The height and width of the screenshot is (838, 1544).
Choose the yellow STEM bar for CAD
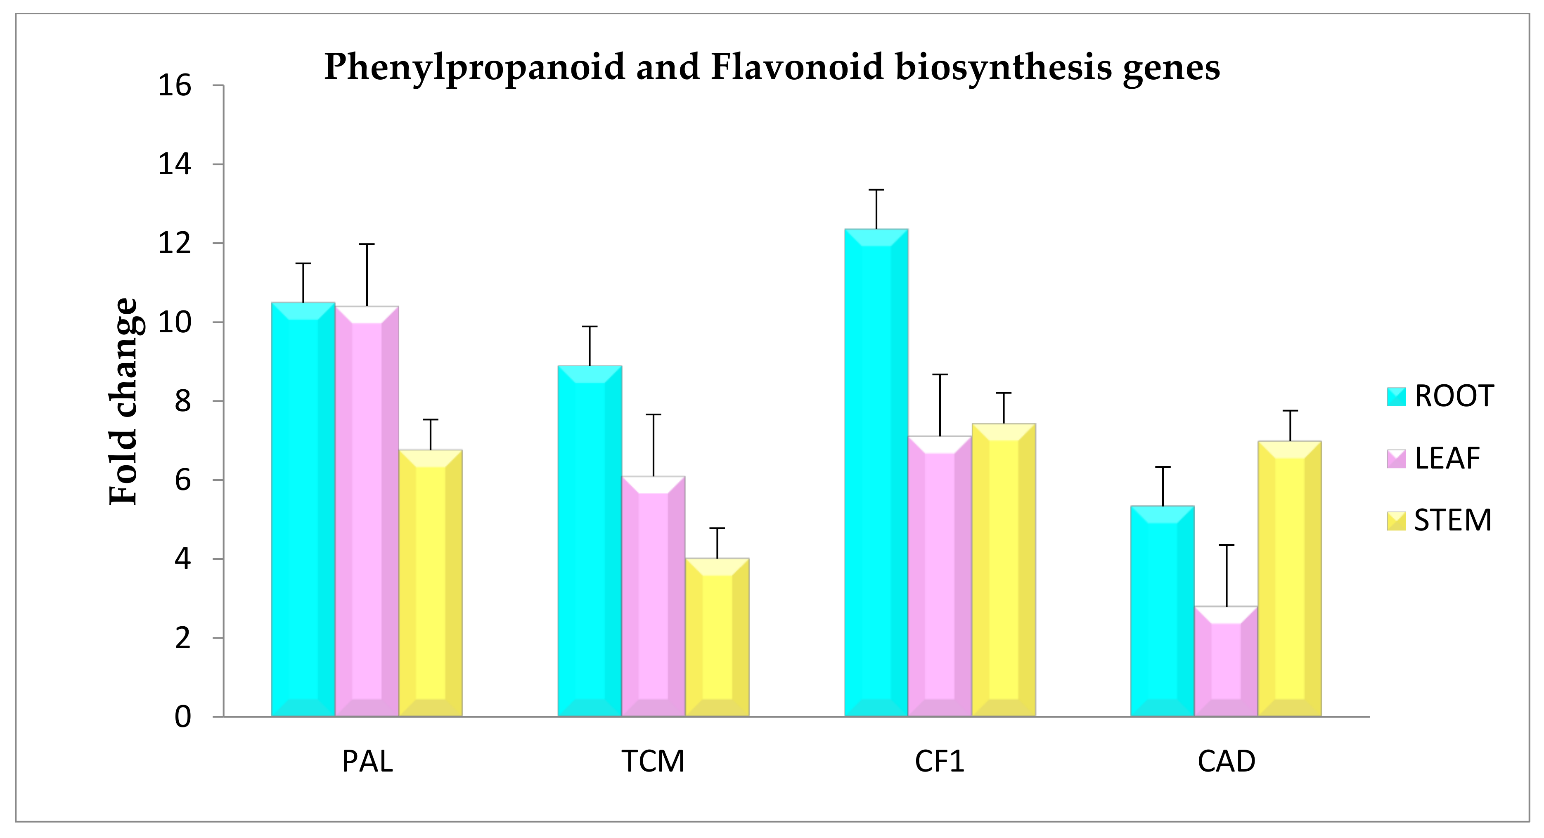tap(1289, 578)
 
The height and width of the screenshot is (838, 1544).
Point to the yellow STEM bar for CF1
tap(1003, 569)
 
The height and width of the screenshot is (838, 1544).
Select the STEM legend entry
tap(1438, 520)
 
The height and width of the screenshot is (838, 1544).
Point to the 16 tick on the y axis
tap(174, 86)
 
